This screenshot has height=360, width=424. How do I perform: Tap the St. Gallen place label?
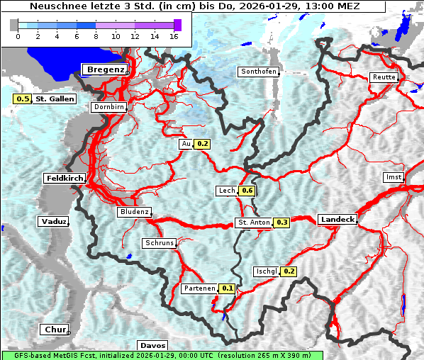coord(55,99)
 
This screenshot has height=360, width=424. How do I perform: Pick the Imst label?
coord(393,176)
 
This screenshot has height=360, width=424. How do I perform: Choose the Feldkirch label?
coord(65,178)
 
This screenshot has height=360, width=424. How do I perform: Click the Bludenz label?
coord(134,212)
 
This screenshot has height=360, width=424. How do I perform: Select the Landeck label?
coord(337,220)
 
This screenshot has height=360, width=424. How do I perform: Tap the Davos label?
coord(152,345)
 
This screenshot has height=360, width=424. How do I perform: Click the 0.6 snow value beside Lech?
coord(247,191)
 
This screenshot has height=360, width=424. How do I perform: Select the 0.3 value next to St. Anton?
coord(282,223)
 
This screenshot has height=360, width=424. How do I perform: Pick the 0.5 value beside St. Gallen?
coord(23,99)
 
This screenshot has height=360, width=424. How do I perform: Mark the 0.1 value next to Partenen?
coord(228,288)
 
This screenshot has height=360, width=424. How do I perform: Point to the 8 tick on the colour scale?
coord(96,35)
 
